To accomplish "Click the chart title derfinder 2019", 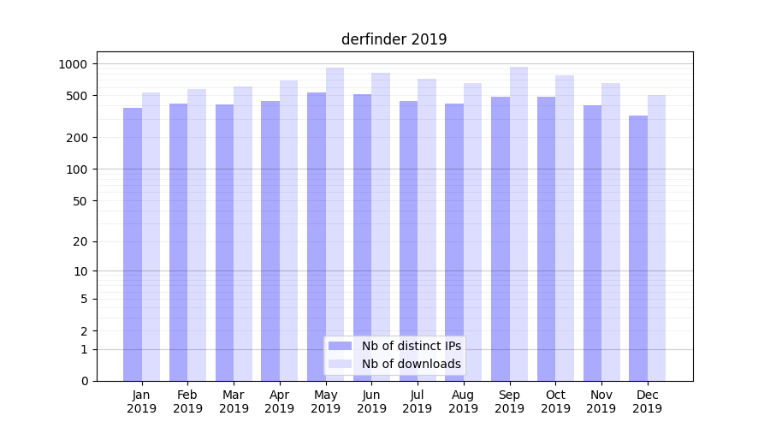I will pos(394,39).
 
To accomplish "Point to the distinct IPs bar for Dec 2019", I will pos(638,248).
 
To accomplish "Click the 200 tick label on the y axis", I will pos(76,138).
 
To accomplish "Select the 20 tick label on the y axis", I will pos(80,241).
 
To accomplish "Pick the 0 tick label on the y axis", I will pos(83,381).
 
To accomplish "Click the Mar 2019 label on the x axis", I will pos(234,401).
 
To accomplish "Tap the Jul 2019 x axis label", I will pos(418,401).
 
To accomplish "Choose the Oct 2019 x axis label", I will pos(555,401).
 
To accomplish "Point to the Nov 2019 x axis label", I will pos(601,401).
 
